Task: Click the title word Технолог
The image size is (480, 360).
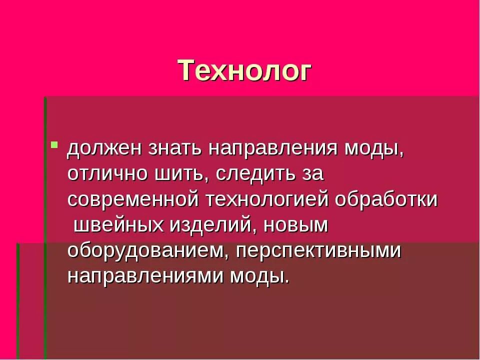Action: (x=245, y=70)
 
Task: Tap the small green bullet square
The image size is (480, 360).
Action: (x=54, y=145)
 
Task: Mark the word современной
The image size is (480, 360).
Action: (x=134, y=199)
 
